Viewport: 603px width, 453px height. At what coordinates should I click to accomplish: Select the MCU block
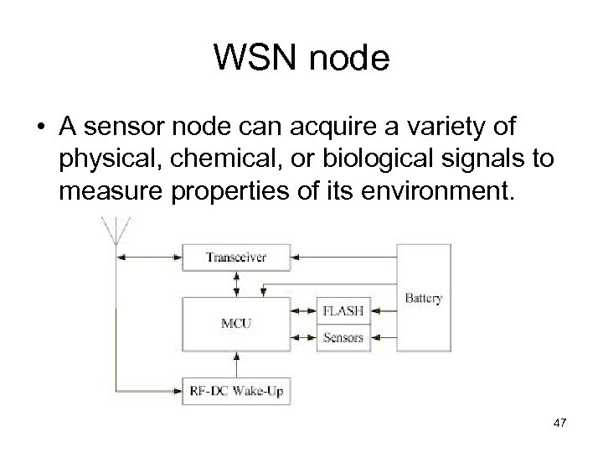(237, 323)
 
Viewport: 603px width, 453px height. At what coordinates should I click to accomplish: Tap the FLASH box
(343, 310)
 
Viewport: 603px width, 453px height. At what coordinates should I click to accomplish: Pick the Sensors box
(343, 336)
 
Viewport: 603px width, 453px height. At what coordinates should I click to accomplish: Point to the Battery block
(424, 298)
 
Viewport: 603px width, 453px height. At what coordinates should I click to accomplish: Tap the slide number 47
(559, 424)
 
